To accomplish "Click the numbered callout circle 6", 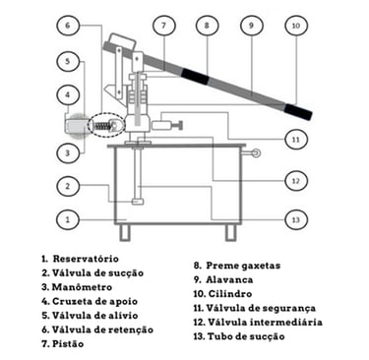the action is coord(68,26).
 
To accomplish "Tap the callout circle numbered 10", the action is coord(296,26).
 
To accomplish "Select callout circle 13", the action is coord(296,219).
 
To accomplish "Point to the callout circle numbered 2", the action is coord(68,186).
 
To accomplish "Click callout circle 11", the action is coord(296,140).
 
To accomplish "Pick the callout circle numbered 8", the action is coord(207,26).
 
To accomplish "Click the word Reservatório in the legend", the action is coord(86,259).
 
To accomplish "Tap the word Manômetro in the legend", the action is coord(82,287).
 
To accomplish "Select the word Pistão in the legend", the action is coord(68,344).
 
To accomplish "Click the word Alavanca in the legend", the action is coord(229,279).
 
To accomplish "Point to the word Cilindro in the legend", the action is coord(230,294).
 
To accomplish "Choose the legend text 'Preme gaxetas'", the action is coord(243,266).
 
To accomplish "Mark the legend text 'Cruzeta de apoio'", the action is coord(94,301).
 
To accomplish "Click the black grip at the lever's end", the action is coord(298,111).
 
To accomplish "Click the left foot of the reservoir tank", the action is coord(125,232).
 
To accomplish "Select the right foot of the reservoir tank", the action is coord(230,232).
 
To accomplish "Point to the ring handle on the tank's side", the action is coord(255,152).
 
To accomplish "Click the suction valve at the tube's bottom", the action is coord(138,202).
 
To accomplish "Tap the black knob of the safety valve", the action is coord(180,125).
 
